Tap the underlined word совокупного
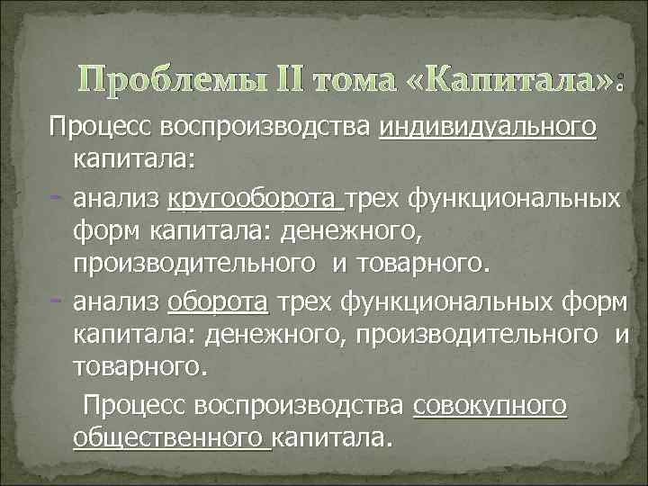pos(490,405)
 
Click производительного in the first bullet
pos(191,265)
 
